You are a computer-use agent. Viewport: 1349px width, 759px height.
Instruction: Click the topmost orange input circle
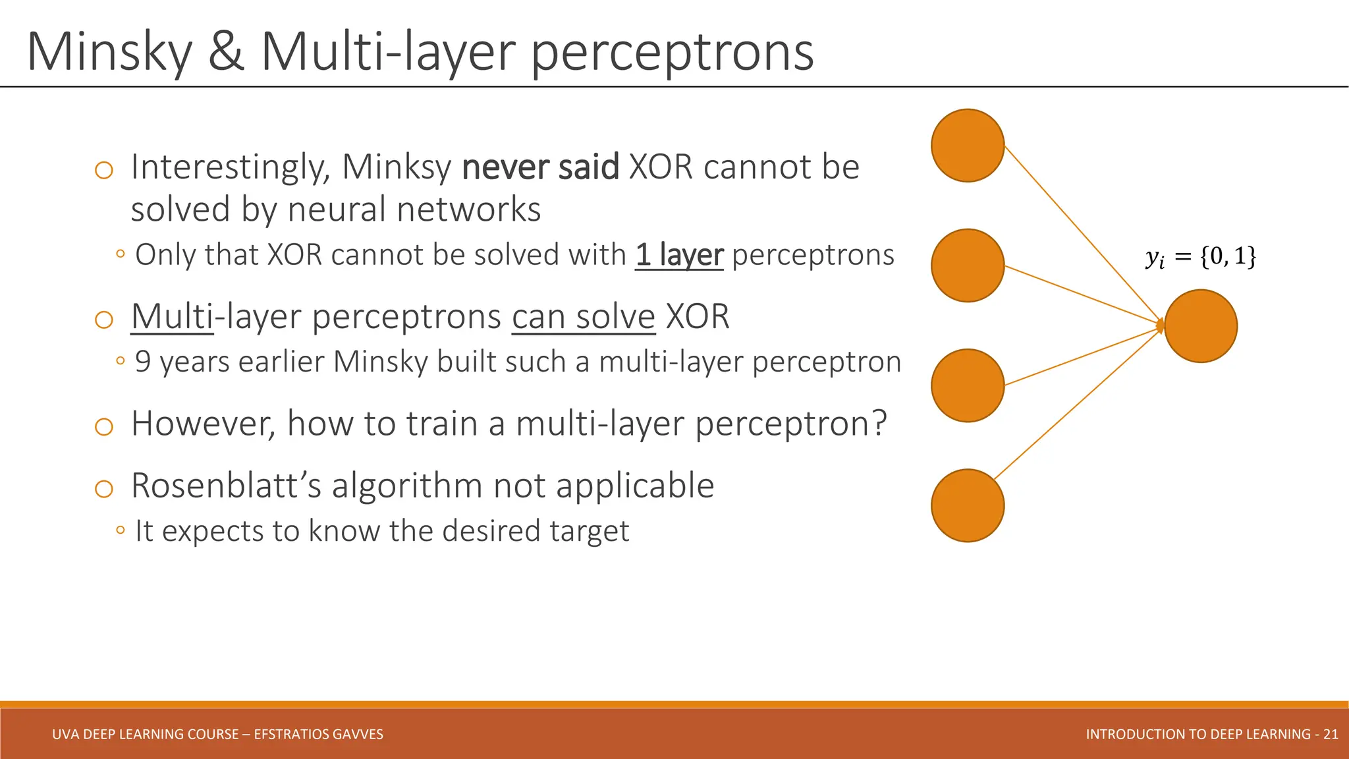pyautogui.click(x=967, y=146)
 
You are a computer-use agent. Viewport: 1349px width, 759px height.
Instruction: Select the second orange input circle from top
pyautogui.click(x=967, y=266)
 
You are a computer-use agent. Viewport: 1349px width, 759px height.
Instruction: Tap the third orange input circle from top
pyautogui.click(x=967, y=385)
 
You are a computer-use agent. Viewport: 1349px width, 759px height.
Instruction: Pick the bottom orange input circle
pyautogui.click(x=967, y=505)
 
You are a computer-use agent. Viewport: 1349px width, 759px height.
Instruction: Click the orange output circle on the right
pyautogui.click(x=1200, y=326)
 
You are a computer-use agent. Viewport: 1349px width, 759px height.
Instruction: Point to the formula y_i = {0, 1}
pyautogui.click(x=1200, y=256)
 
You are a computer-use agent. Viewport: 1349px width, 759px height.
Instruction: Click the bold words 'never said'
pyautogui.click(x=540, y=167)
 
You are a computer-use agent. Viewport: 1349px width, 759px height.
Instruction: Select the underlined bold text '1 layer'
pyautogui.click(x=679, y=255)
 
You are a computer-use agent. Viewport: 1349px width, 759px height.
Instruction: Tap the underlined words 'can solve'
pyautogui.click(x=583, y=317)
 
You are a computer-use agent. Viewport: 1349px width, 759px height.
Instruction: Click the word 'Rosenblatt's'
pyautogui.click(x=226, y=486)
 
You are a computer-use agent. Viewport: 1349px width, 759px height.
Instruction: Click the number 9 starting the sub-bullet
pyautogui.click(x=143, y=362)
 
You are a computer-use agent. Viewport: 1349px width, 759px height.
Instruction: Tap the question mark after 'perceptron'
pyautogui.click(x=879, y=424)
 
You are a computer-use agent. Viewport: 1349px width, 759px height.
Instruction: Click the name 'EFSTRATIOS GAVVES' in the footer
pyautogui.click(x=318, y=734)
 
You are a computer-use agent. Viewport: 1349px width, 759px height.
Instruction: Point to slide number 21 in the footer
pyautogui.click(x=1330, y=734)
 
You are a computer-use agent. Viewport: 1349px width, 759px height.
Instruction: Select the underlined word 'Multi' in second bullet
pyautogui.click(x=172, y=317)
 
